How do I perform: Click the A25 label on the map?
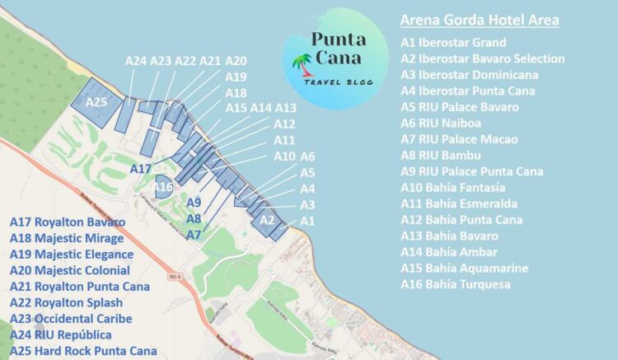click(96, 102)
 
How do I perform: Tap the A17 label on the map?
click(141, 168)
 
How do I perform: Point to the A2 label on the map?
click(266, 220)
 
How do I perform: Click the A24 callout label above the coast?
click(136, 60)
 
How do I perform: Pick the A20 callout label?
click(236, 61)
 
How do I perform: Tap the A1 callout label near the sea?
click(307, 221)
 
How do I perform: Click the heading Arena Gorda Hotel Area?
click(479, 20)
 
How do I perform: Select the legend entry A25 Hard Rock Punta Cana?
click(83, 351)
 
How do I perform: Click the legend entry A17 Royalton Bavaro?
click(68, 222)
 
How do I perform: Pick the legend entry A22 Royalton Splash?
click(68, 302)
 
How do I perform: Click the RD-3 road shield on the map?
click(171, 277)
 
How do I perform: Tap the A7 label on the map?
click(194, 235)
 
